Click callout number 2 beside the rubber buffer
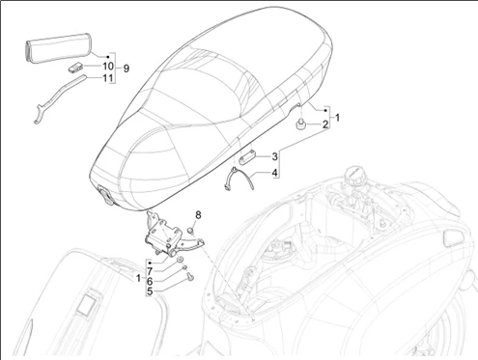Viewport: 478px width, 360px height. tap(325, 125)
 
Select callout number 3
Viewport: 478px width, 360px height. tap(274, 156)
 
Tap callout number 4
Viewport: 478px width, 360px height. tap(274, 173)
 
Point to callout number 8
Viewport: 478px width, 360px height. tap(198, 215)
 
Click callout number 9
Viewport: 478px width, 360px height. tap(127, 69)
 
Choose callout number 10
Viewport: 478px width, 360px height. tap(108, 66)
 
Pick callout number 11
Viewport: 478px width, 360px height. tap(108, 78)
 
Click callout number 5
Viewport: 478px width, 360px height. tap(150, 291)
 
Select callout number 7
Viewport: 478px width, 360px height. tap(150, 272)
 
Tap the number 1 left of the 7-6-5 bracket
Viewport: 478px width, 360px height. tap(138, 278)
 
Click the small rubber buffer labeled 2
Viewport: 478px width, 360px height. tap(300, 125)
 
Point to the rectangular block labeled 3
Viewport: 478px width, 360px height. tap(247, 158)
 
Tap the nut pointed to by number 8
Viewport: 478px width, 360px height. tap(190, 230)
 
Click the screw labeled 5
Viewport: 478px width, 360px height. tap(190, 276)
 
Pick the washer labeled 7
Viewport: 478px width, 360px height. tap(181, 260)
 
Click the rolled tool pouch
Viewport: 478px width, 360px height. tap(58, 47)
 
